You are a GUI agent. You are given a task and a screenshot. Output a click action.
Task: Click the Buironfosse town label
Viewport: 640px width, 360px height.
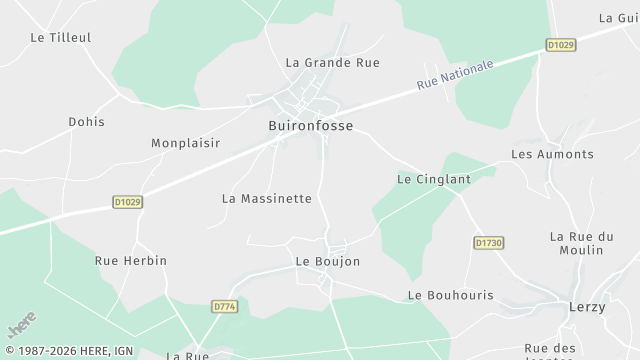click(310, 126)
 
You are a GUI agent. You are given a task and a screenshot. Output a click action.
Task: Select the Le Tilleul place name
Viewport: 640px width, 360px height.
click(60, 38)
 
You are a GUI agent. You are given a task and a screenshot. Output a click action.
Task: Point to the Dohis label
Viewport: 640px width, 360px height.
click(86, 122)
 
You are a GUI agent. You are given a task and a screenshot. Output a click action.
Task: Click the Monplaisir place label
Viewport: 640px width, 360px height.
click(185, 143)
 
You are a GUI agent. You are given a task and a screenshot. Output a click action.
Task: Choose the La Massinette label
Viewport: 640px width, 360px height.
click(266, 199)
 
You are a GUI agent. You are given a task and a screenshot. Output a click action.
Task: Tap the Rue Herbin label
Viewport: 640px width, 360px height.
click(130, 261)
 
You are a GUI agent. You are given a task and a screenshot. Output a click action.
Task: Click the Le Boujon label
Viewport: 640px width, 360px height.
click(327, 262)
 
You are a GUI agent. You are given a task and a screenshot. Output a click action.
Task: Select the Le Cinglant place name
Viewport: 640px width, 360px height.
click(433, 180)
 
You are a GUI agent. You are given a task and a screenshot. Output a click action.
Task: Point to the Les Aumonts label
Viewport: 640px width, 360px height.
click(552, 155)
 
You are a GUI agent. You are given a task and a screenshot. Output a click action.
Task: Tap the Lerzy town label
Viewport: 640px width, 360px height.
click(586, 307)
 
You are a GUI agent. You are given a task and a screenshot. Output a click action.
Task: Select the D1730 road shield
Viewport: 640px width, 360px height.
click(487, 243)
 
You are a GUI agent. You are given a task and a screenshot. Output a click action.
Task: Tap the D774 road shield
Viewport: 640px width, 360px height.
click(224, 306)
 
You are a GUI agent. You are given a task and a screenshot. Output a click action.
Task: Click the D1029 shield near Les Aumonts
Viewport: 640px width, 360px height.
click(561, 45)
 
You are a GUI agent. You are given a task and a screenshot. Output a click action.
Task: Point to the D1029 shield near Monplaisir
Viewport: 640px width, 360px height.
click(127, 202)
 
